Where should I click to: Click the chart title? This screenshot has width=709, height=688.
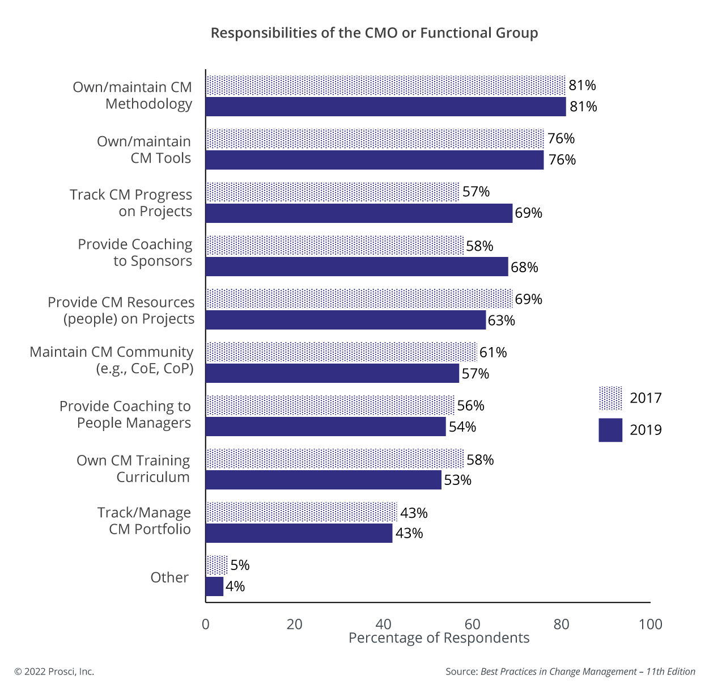[374, 33]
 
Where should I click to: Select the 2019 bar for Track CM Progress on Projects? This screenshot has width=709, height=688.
[359, 213]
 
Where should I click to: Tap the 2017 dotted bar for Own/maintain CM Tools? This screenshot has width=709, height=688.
[374, 138]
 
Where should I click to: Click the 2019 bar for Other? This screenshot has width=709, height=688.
[214, 586]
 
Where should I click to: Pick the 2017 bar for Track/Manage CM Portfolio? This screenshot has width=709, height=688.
[301, 512]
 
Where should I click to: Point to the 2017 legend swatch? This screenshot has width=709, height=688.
[610, 398]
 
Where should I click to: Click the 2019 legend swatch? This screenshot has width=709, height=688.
[610, 430]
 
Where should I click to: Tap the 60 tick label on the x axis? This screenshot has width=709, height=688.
[472, 624]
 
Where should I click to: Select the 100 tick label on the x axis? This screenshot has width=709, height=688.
[650, 624]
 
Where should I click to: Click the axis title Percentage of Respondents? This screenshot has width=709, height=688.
[439, 638]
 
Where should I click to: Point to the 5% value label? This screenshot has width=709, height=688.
[240, 565]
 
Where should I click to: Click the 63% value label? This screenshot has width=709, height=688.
[501, 320]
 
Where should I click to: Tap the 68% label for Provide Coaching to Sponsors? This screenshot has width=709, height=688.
[524, 267]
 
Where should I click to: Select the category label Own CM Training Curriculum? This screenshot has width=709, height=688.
[134, 468]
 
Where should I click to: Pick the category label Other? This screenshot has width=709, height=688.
[169, 577]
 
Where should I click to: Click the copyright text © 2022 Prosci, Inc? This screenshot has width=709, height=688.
[54, 672]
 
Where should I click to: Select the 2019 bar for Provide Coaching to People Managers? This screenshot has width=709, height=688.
[325, 427]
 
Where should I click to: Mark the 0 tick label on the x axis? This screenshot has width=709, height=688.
[205, 624]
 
